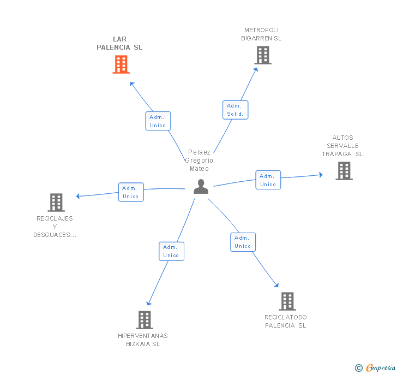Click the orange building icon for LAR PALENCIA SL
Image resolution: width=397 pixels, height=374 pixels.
pyautogui.click(x=121, y=64)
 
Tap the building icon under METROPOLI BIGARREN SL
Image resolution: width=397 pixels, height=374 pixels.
pyautogui.click(x=263, y=55)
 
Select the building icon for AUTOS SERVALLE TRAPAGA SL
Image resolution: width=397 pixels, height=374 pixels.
pyautogui.click(x=344, y=171)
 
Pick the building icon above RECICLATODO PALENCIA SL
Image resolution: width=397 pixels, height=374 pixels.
pyautogui.click(x=287, y=301)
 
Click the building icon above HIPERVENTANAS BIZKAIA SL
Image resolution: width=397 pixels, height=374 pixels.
pyautogui.click(x=145, y=320)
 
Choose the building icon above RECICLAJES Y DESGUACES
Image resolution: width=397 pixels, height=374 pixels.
pyautogui.click(x=56, y=203)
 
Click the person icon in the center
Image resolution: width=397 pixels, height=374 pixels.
pyautogui.click(x=201, y=187)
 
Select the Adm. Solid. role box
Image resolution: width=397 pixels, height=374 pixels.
pyautogui.click(x=235, y=110)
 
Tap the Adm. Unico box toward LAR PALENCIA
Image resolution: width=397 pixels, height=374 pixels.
pyautogui.click(x=158, y=121)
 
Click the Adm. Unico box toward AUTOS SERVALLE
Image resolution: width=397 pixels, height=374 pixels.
pyautogui.click(x=268, y=180)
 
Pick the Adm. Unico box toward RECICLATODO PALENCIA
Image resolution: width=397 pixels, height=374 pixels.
pyautogui.click(x=243, y=242)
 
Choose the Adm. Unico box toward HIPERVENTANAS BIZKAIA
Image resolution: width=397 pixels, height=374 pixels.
pyautogui.click(x=171, y=251)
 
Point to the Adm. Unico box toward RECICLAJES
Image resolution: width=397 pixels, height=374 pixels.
pyautogui.click(x=131, y=192)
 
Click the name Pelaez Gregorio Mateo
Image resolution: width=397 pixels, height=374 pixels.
pyautogui.click(x=199, y=161)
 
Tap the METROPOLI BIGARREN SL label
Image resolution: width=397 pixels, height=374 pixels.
pyautogui.click(x=261, y=34)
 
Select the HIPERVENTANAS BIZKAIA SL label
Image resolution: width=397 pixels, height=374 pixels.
pyautogui.click(x=143, y=340)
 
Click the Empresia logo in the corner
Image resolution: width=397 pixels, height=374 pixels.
pyautogui.click(x=375, y=367)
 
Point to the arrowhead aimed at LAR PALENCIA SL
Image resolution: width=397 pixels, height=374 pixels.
pyautogui.click(x=131, y=84)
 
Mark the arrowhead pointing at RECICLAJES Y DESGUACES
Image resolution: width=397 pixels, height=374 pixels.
pyautogui.click(x=78, y=196)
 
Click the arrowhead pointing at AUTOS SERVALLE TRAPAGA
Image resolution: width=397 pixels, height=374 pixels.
pyautogui.click(x=321, y=175)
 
